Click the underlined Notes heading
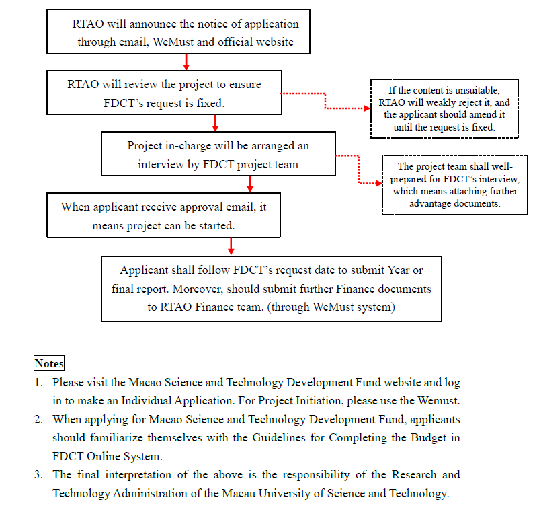tap(49, 363)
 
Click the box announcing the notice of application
tap(178, 32)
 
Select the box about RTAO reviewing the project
tap(163, 94)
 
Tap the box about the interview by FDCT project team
tap(218, 155)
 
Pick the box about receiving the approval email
tap(163, 215)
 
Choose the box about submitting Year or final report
tap(271, 288)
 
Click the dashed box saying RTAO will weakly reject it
tap(444, 108)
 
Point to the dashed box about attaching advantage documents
tap(454, 185)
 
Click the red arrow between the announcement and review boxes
tap(186, 63)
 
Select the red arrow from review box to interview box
tap(215, 124)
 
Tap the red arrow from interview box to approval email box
tap(250, 184)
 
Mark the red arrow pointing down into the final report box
tap(231, 246)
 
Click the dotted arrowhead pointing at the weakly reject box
tap(366, 108)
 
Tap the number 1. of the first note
tap(38, 383)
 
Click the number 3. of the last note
tap(38, 475)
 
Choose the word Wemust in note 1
tap(441, 401)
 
